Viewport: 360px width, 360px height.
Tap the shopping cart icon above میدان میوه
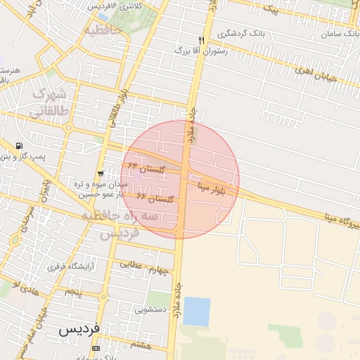(x=102, y=172)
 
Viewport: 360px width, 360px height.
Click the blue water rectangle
(x=196, y=311)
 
